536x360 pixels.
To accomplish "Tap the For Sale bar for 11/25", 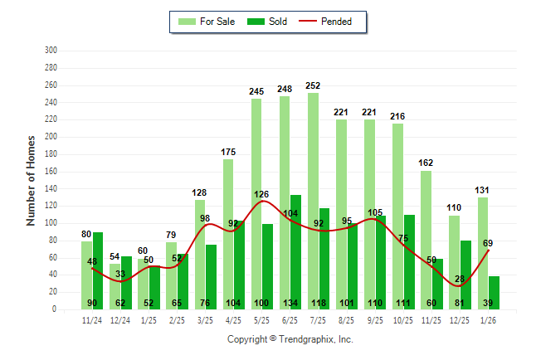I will point(426,240).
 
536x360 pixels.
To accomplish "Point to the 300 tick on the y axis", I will point(51,51).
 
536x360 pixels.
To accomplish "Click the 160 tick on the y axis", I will point(51,172).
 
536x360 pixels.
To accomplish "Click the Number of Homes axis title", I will point(31,179).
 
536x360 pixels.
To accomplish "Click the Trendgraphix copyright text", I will point(290,339).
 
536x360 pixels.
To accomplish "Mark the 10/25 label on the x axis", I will point(403,319).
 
